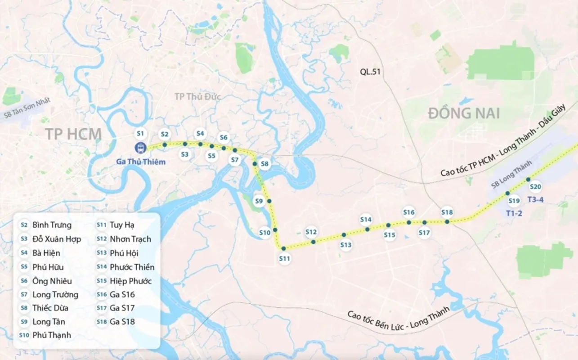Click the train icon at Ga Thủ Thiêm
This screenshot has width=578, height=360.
tap(140, 148)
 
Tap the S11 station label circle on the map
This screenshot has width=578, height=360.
tap(284, 259)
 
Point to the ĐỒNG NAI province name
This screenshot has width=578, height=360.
tap(464, 113)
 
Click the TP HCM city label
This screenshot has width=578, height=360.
tap(73, 134)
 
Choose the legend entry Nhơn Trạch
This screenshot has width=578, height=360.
tap(130, 239)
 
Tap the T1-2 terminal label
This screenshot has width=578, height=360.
tap(514, 213)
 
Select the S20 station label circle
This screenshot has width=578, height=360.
tap(535, 187)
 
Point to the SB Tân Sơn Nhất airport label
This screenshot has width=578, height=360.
tap(27, 108)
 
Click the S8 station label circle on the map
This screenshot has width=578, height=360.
tap(264, 164)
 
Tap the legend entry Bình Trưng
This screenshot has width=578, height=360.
tap(52, 225)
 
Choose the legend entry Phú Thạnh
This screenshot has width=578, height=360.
tap(52, 335)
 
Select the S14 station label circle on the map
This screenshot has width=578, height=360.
tap(366, 220)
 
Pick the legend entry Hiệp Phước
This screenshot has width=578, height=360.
tap(130, 281)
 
